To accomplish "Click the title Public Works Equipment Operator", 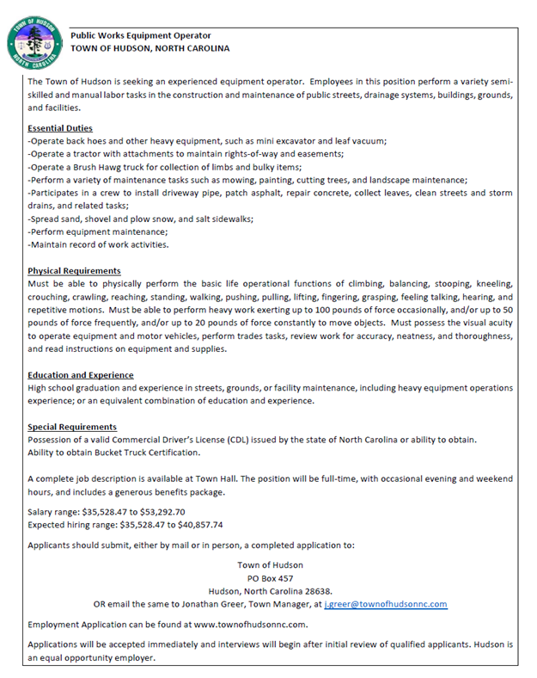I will pos(140,35).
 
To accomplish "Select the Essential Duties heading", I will pos(60,128).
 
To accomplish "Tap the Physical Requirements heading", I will pos(74,271).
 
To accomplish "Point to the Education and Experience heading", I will pos(80,375).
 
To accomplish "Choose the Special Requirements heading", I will pos(72,427).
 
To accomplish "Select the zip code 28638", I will pos(314,591).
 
